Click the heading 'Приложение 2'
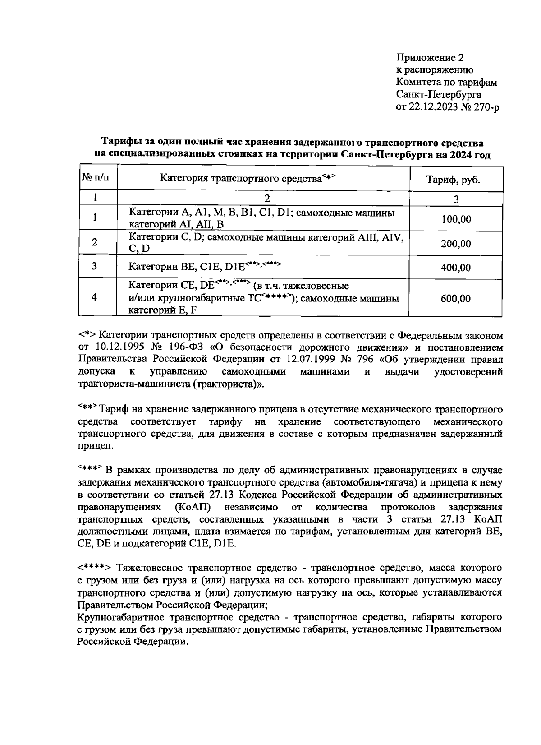click(430, 58)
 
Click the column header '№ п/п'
click(95, 178)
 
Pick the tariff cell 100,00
click(456, 219)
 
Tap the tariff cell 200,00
click(456, 244)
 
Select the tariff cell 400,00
click(456, 268)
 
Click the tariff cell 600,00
click(456, 298)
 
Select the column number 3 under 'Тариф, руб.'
click(456, 199)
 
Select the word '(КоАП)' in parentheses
click(191, 507)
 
